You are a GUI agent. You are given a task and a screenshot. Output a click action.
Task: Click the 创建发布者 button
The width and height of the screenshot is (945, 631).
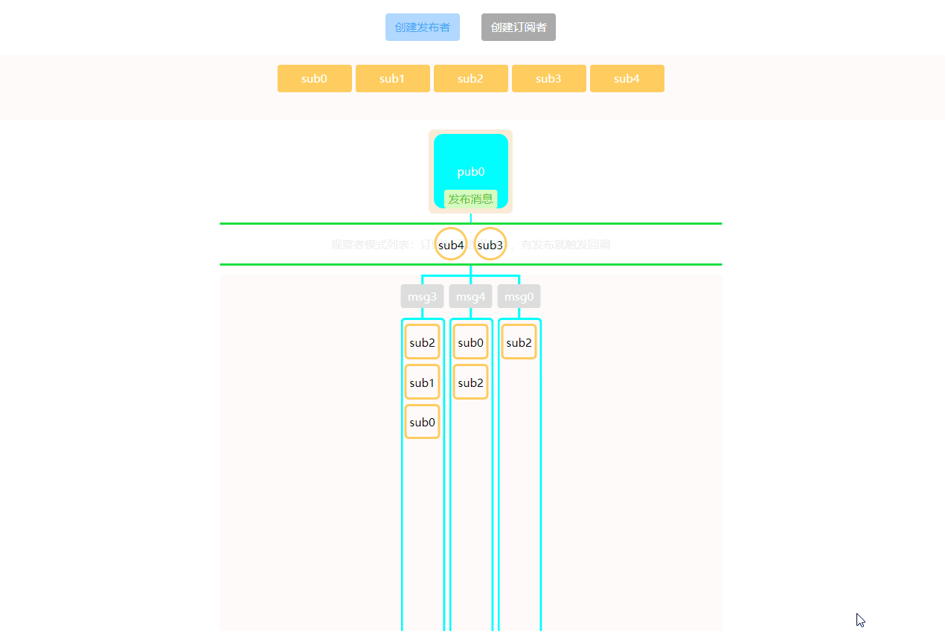(x=422, y=28)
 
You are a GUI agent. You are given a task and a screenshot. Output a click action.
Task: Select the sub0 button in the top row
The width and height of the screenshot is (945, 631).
(x=314, y=79)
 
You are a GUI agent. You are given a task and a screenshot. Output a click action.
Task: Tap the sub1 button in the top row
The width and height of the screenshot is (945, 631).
(x=392, y=79)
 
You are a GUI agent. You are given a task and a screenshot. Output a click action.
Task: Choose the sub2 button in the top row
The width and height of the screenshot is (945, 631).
(x=470, y=79)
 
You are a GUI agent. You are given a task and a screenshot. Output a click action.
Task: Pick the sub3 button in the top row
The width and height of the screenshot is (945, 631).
(x=548, y=79)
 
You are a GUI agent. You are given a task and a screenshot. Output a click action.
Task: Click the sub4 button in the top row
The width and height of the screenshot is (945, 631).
(x=627, y=79)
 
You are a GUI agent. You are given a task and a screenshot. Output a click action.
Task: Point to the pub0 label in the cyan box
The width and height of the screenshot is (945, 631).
(x=470, y=172)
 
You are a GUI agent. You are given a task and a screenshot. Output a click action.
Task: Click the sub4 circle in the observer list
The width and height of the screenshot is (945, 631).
(x=451, y=244)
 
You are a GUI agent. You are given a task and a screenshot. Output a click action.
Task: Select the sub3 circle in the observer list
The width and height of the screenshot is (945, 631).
(x=490, y=244)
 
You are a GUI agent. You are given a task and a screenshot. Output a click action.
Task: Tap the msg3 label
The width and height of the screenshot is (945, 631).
(x=422, y=296)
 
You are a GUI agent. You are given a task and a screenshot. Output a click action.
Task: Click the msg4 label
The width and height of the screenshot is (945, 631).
(x=470, y=296)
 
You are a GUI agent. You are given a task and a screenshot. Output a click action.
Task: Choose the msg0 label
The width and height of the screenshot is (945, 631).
(x=519, y=296)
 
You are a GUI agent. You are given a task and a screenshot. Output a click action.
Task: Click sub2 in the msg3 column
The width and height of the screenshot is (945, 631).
(x=422, y=342)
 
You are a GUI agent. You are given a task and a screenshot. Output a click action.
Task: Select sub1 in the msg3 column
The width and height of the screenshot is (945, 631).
(x=422, y=382)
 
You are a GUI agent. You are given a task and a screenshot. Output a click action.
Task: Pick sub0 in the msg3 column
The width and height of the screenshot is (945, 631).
(x=422, y=422)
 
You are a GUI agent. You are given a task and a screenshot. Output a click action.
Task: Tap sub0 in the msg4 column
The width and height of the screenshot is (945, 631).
(x=470, y=342)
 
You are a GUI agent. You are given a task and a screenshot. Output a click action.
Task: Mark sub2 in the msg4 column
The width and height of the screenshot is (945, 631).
(x=470, y=382)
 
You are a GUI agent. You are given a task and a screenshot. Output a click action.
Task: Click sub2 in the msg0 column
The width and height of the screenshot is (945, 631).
(x=519, y=342)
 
